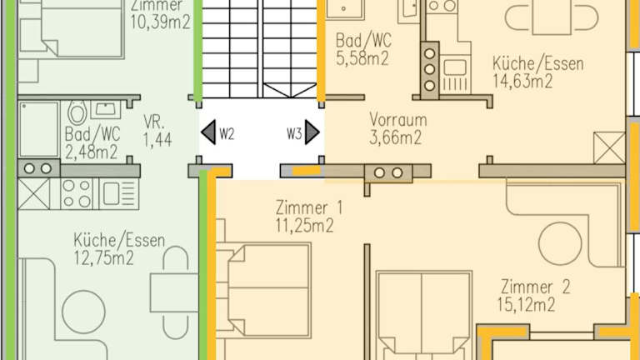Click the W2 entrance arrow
(208, 132)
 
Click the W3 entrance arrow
(312, 132)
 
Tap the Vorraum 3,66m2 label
(398, 128)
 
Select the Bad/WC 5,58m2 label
(363, 49)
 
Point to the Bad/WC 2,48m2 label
(92, 142)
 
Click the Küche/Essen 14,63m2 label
(538, 72)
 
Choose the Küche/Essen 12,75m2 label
(119, 249)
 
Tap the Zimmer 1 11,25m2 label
(309, 217)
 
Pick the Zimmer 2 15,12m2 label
(532, 296)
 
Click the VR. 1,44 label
(157, 131)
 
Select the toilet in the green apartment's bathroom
(77, 112)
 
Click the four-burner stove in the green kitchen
(77, 194)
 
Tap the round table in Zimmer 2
(560, 243)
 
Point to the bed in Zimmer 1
(269, 290)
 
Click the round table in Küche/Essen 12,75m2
(83, 312)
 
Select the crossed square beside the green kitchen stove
(34, 194)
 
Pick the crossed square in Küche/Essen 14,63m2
(609, 147)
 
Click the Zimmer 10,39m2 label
(160, 15)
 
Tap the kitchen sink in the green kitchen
(119, 194)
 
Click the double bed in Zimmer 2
(423, 314)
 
